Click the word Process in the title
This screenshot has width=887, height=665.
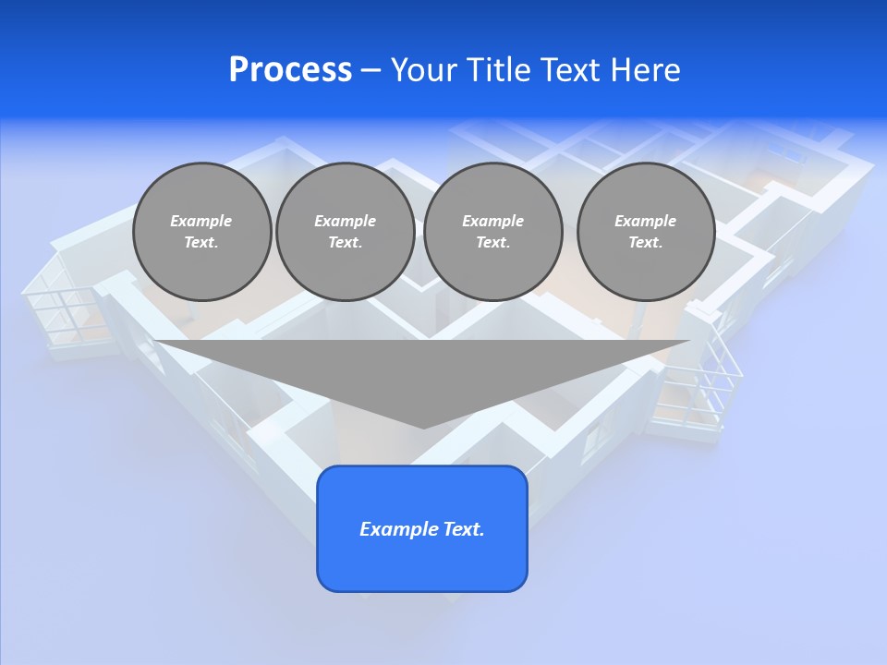click(x=290, y=70)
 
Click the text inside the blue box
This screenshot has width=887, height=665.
click(x=422, y=529)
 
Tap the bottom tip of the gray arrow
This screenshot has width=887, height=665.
click(x=423, y=426)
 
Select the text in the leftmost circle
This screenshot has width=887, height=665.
click(x=201, y=232)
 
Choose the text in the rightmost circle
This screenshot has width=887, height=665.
click(x=645, y=232)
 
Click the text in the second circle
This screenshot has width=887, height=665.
click(x=345, y=232)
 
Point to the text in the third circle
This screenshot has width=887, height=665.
click(x=492, y=232)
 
